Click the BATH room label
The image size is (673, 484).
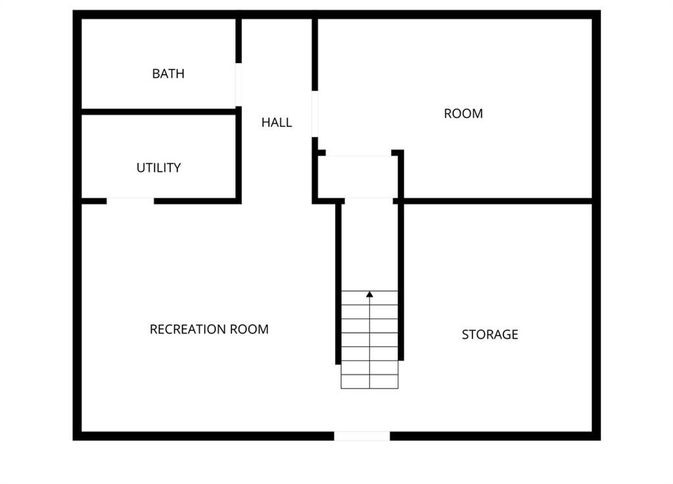[x=168, y=74]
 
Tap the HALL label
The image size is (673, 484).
[x=277, y=123]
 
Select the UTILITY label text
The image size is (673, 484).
[x=158, y=167]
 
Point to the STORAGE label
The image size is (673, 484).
[x=490, y=334]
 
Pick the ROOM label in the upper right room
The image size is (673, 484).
[x=463, y=114]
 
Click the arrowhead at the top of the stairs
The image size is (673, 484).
[x=369, y=294]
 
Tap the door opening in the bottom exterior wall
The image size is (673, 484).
[x=362, y=436]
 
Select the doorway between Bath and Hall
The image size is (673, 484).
[x=239, y=85]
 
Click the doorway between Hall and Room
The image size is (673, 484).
[x=315, y=114]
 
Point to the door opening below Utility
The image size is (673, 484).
[x=131, y=201]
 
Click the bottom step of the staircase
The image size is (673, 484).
[x=369, y=382]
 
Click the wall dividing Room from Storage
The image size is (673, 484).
[x=498, y=201]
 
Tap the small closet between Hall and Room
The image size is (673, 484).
[x=358, y=177]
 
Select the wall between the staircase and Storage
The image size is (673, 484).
[x=401, y=282]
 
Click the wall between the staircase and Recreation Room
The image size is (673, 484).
[x=338, y=284]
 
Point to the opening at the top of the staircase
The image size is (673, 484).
[x=369, y=201]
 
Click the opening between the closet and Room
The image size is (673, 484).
[x=358, y=152]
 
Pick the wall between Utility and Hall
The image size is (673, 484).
[x=239, y=155]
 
